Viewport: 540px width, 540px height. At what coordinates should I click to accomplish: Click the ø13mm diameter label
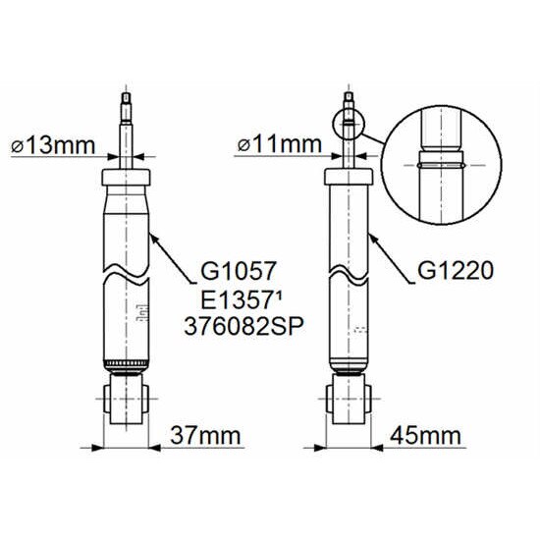[x=53, y=145]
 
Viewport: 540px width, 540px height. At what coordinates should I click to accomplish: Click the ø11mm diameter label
[x=280, y=144]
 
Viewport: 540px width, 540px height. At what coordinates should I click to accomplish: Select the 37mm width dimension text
[x=205, y=435]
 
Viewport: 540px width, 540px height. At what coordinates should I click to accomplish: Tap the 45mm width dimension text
[x=425, y=435]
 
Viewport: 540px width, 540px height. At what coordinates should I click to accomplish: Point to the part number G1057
[x=239, y=271]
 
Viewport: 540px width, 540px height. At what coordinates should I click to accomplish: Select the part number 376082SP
[x=243, y=327]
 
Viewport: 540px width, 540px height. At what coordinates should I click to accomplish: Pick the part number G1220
[x=456, y=271]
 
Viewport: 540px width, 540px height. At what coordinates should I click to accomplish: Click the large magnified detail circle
[x=442, y=106]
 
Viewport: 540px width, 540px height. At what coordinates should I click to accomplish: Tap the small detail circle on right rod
[x=349, y=108]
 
